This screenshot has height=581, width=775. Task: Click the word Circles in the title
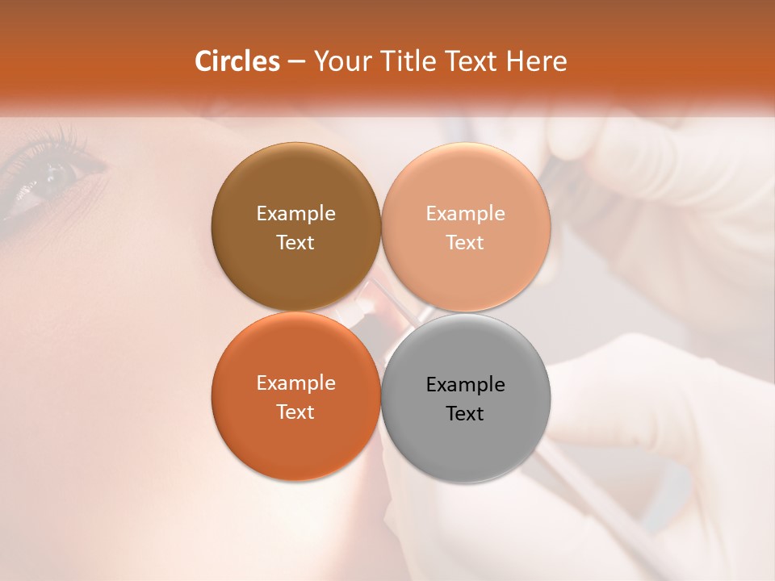(x=237, y=61)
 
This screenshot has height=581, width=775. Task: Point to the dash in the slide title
(x=296, y=62)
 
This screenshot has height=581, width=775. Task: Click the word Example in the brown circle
(x=295, y=213)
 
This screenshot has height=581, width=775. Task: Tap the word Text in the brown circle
(x=295, y=242)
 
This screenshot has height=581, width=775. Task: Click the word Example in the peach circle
(x=466, y=213)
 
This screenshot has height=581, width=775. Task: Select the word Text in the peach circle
(x=466, y=242)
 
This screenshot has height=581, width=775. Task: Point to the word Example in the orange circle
(x=295, y=382)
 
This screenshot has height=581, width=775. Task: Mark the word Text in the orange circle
(x=295, y=412)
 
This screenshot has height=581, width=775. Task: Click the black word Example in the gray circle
(x=466, y=384)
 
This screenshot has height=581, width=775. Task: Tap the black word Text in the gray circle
(x=466, y=413)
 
